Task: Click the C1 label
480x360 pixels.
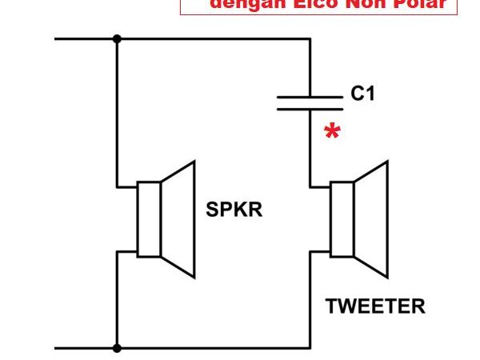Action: click(362, 94)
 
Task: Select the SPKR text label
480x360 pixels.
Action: click(234, 210)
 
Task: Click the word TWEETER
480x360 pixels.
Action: click(375, 306)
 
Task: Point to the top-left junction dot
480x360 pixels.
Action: click(118, 38)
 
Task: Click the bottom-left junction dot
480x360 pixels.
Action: click(118, 348)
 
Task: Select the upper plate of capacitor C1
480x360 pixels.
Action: click(309, 98)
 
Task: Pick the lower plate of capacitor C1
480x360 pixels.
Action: click(309, 109)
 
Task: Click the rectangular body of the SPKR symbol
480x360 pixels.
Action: click(149, 219)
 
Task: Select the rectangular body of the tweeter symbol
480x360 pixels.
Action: click(342, 219)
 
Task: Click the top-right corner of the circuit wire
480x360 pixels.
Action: click(309, 38)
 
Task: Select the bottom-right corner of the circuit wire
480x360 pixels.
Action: click(309, 348)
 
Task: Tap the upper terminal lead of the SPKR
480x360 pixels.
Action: click(128, 187)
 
